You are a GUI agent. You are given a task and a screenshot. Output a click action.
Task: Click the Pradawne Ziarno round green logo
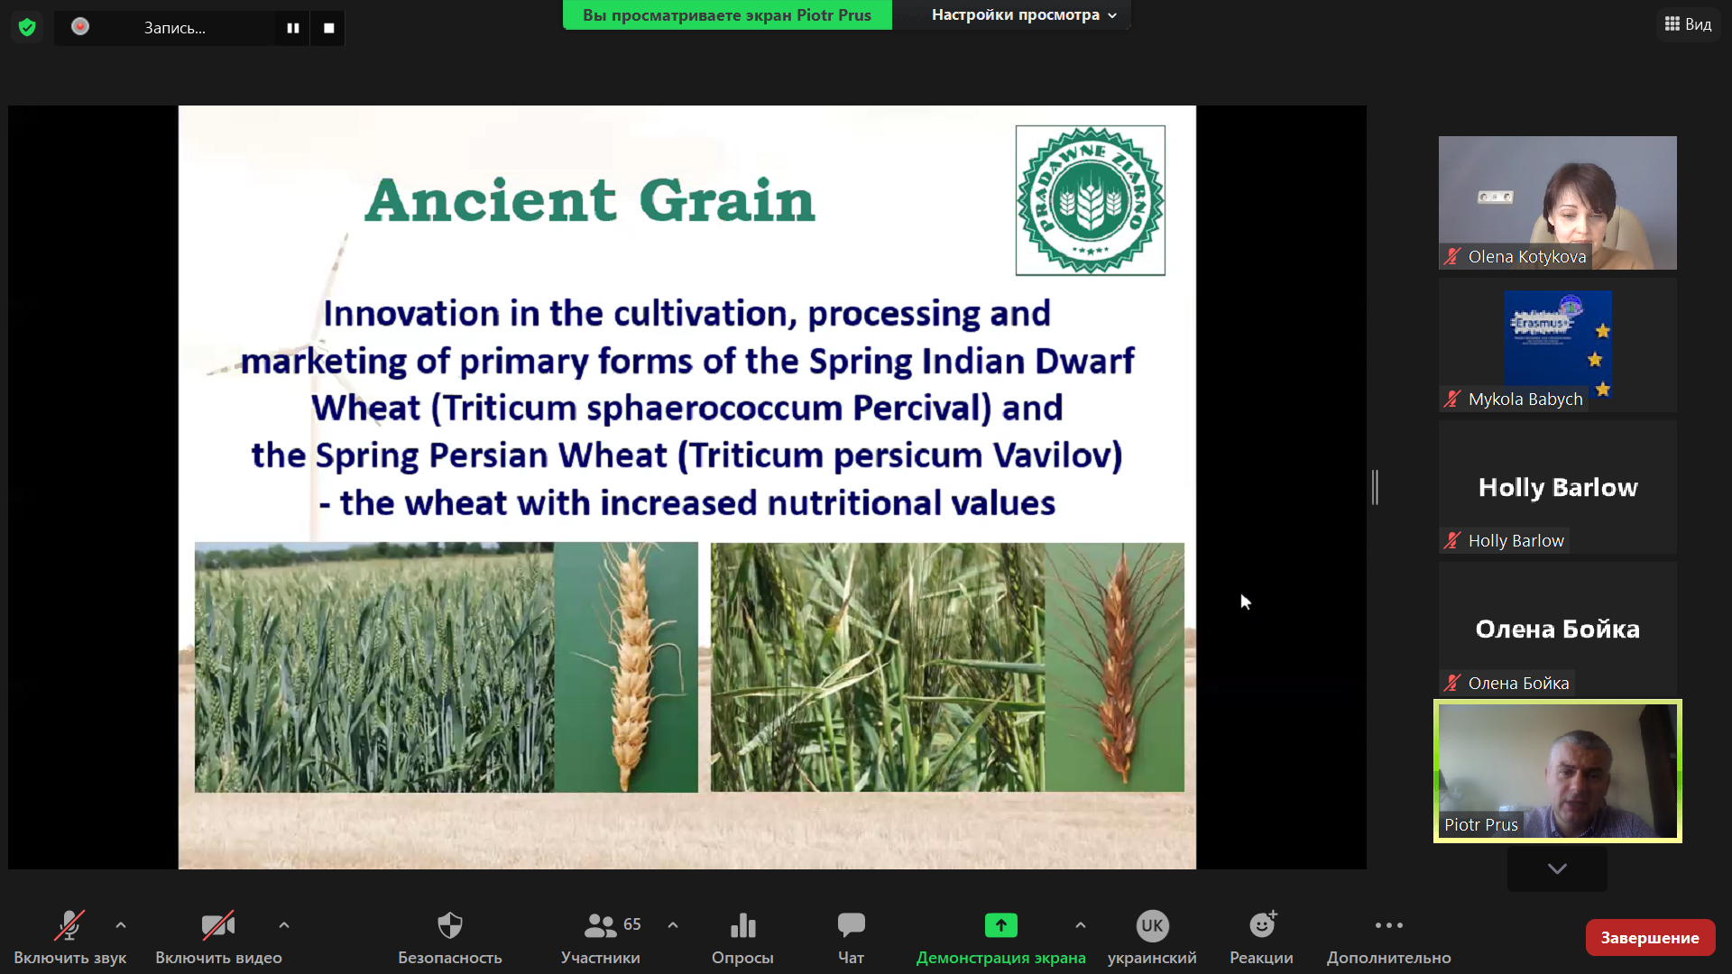coord(1090,200)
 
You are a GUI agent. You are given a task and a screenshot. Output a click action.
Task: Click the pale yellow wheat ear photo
coord(626,667)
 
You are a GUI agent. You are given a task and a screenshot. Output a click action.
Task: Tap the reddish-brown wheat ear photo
coord(1115,667)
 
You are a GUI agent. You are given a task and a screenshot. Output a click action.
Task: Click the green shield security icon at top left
coord(27,28)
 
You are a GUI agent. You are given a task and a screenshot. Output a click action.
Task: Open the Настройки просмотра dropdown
coord(1024,14)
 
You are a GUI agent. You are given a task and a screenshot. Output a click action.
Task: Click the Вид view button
coord(1688,24)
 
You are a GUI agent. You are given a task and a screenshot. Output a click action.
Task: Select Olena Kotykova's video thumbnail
coord(1557,203)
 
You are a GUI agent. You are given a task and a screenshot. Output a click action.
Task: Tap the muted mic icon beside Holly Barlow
coord(1452,541)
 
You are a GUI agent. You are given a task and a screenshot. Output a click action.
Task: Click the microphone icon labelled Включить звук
coord(69,925)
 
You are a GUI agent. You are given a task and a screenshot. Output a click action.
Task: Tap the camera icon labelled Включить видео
coord(218,925)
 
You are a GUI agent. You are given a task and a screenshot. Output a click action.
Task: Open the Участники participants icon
coord(600,925)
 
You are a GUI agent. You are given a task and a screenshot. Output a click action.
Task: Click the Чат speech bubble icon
coord(851,924)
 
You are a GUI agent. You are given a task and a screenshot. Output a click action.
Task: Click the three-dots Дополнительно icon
coord(1388,925)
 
